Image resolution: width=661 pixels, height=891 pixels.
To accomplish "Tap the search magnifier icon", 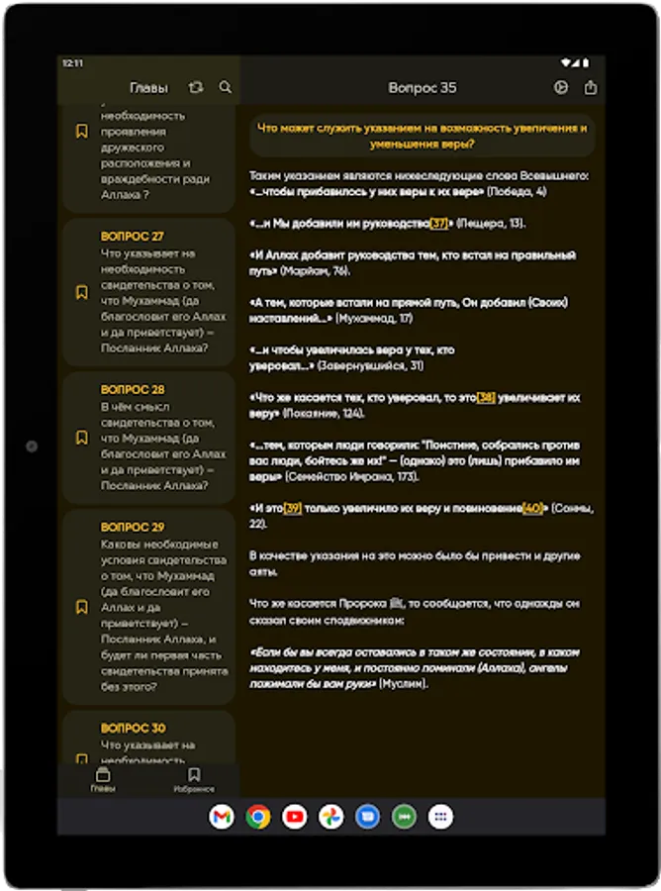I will tap(226, 87).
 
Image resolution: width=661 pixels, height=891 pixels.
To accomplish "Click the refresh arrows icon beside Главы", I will tap(196, 87).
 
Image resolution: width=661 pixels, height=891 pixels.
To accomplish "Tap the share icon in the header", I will tap(591, 87).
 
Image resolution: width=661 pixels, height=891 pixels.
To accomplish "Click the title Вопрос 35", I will tap(423, 88).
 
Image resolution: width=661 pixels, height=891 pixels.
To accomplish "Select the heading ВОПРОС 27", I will tap(133, 237).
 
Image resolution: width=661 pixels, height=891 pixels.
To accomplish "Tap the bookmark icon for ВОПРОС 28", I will tap(82, 438).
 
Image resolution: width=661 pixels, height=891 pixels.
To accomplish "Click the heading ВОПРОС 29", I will tap(133, 527).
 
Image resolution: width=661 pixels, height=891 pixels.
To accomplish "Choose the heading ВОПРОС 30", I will tap(133, 728).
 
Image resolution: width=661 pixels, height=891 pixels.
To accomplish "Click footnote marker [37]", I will tap(440, 223).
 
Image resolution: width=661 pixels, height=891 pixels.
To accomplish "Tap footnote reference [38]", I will tap(486, 397).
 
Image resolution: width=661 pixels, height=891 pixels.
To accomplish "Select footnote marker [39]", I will tap(293, 508).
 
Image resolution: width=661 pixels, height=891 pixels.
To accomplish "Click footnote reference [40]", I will tap(532, 508).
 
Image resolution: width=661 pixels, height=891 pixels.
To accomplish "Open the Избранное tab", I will tap(194, 780).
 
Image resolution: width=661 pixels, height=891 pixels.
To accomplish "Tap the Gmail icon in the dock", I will tap(222, 817).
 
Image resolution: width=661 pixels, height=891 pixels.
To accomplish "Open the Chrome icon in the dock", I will tap(258, 817).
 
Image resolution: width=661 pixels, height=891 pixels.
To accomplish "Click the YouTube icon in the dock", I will tap(295, 817).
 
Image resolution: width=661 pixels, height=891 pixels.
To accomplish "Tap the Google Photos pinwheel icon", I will tap(330, 817).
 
